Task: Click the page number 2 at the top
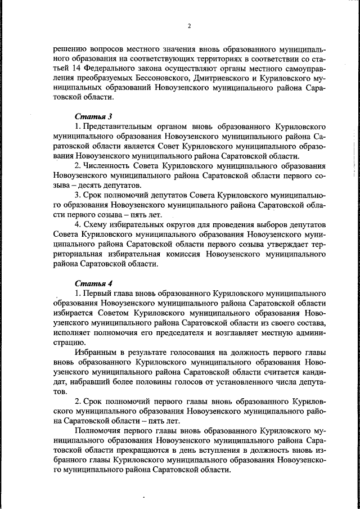pos(190,26)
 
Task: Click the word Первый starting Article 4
pos(96,293)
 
